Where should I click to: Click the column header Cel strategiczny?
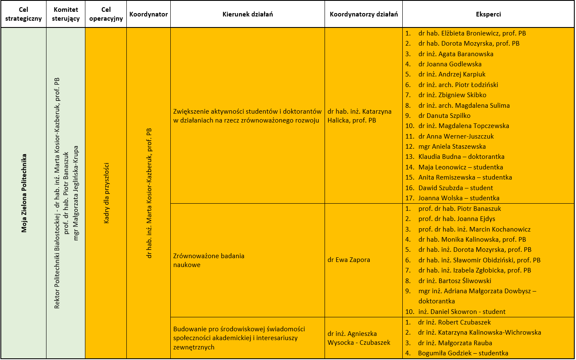pyautogui.click(x=24, y=14)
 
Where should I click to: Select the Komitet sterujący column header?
pyautogui.click(x=66, y=14)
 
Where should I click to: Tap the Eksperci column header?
pyautogui.click(x=488, y=14)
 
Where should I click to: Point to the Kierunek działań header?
pyautogui.click(x=247, y=14)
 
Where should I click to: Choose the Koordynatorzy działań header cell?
pyautogui.click(x=363, y=14)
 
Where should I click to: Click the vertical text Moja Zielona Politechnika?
pyautogui.click(x=24, y=193)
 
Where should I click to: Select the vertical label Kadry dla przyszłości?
pyautogui.click(x=106, y=193)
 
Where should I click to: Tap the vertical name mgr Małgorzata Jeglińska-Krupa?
pyautogui.click(x=76, y=193)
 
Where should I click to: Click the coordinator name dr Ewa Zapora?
pyautogui.click(x=349, y=260)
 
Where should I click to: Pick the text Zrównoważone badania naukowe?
pyautogui.click(x=209, y=260)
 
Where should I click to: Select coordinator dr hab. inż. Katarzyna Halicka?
pyautogui.click(x=359, y=116)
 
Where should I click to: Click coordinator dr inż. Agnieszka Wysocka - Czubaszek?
pyautogui.click(x=358, y=338)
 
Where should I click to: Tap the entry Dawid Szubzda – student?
pyautogui.click(x=455, y=188)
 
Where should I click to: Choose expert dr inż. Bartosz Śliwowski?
pyautogui.click(x=455, y=281)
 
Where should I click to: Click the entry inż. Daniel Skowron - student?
pyautogui.click(x=461, y=312)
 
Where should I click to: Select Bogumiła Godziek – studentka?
pyautogui.click(x=463, y=353)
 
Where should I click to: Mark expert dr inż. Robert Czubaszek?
pyautogui.click(x=454, y=322)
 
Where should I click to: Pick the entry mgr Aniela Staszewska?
pyautogui.click(x=452, y=147)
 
